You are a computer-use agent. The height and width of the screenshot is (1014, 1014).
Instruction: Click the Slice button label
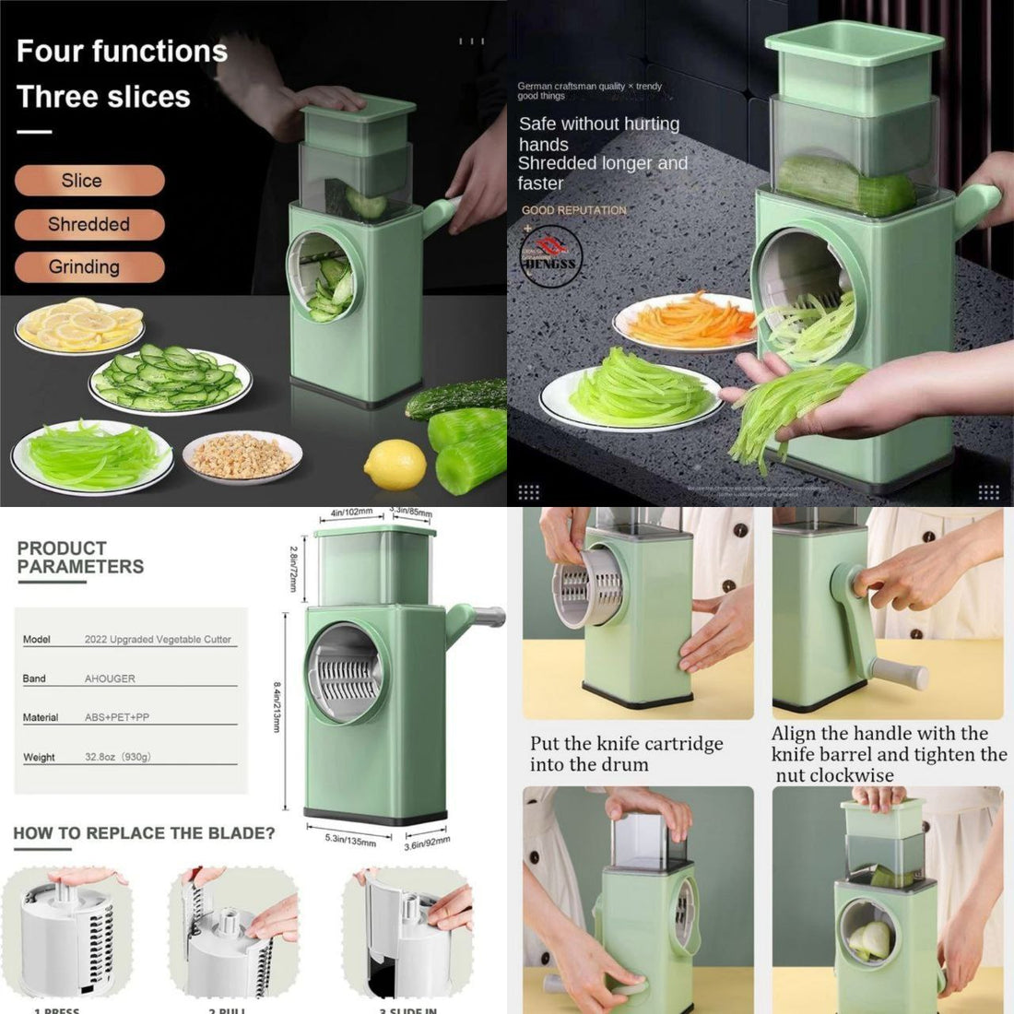82,181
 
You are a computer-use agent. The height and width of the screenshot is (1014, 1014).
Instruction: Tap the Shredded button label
88,224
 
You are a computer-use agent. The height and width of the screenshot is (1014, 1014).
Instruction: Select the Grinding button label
84,267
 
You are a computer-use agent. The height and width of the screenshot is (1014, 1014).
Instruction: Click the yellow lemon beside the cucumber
395,465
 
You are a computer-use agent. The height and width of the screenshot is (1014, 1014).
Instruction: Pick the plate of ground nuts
242,455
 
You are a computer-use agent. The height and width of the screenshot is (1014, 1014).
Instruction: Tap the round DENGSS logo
550,257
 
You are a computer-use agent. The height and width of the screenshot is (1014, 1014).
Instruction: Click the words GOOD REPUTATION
573,210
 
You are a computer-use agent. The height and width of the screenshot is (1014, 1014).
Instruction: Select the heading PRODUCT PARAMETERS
80,558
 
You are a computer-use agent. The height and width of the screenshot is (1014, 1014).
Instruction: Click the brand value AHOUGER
110,678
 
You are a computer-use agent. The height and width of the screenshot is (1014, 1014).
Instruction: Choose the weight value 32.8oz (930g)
117,757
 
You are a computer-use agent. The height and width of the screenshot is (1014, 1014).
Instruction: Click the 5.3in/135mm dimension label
350,841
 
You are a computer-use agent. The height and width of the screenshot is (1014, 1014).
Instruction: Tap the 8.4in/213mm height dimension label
276,707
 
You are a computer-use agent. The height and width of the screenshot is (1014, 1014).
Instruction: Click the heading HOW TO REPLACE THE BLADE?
144,833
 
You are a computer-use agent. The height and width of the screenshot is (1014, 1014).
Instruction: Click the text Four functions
122,51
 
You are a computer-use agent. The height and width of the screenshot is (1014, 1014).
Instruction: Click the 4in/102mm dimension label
351,513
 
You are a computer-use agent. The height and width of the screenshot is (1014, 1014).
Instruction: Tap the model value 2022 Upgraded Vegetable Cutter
158,639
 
